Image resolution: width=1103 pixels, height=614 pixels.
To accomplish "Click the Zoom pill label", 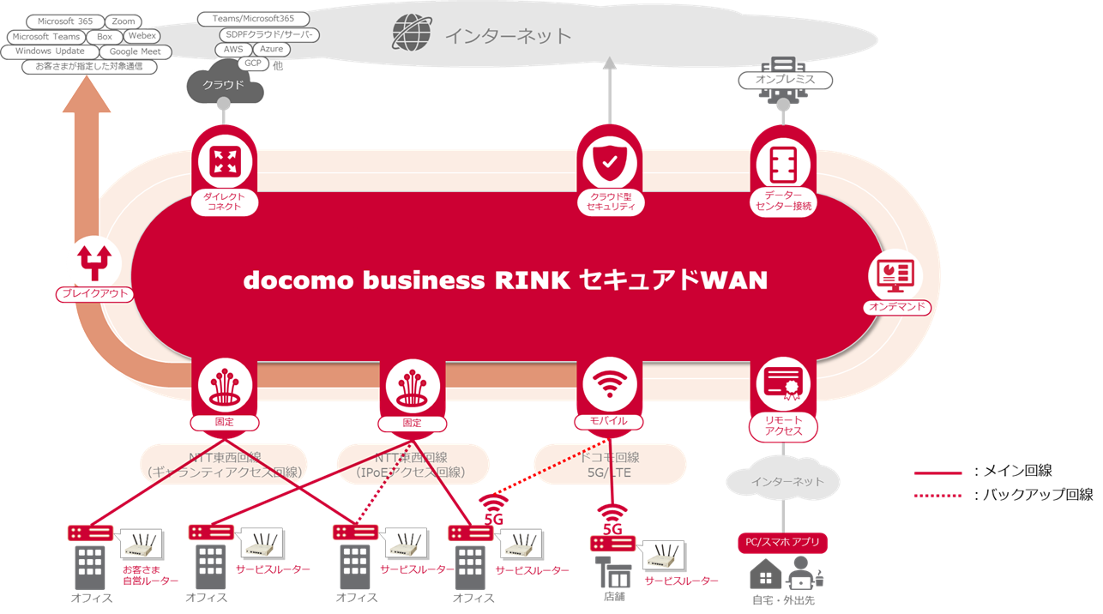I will point(124,21).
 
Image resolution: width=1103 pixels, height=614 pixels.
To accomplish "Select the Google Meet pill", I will point(136,51).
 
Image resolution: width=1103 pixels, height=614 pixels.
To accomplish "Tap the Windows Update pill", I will point(50,51).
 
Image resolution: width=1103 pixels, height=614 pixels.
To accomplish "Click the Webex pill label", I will point(142,36).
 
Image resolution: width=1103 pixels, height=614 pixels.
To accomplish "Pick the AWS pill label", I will point(233,50).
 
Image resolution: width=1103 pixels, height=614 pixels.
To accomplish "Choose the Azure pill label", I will point(271,50).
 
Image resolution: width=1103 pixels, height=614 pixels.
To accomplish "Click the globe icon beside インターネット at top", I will point(413,34).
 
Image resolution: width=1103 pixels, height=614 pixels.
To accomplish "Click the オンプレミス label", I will point(785,81).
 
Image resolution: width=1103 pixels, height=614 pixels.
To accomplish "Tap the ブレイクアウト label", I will point(94,294).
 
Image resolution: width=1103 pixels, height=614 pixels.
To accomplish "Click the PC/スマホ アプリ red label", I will point(782,542).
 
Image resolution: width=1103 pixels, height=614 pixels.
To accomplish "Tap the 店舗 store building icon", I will point(614,573).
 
